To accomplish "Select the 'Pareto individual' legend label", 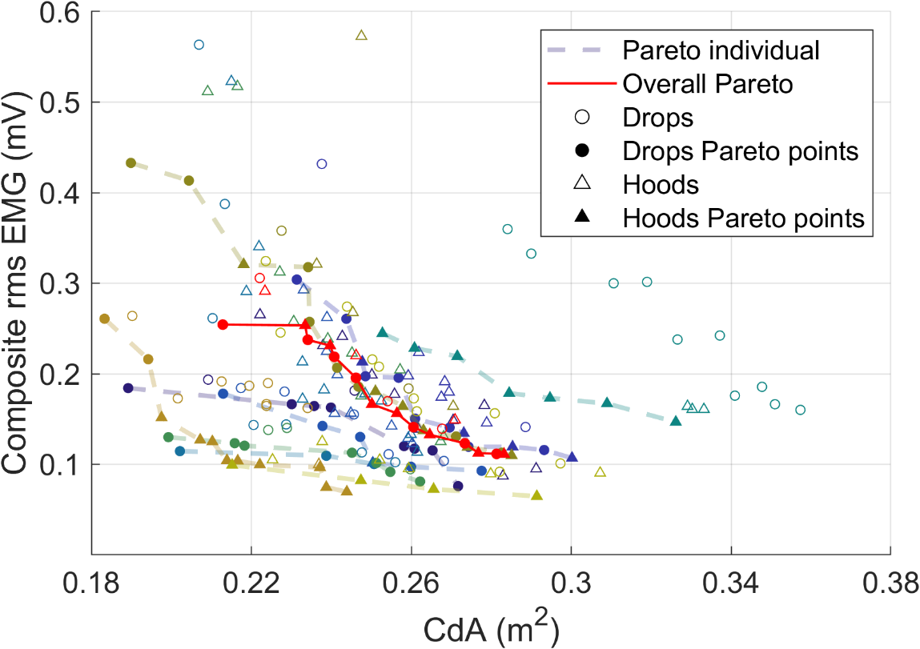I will pos(721,50).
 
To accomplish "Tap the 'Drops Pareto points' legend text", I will pos(741,150).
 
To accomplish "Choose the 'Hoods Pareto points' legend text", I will pos(745,218).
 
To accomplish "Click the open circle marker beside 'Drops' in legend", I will pos(583,117).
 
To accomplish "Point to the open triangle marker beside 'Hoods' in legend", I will pos(583,184).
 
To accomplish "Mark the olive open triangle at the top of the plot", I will pos(361,35).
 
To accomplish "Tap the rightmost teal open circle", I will pos(800,410).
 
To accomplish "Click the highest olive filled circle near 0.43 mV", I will pos(131,163).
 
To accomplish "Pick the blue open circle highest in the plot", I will pos(199,45).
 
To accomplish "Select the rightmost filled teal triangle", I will pos(676,421).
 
